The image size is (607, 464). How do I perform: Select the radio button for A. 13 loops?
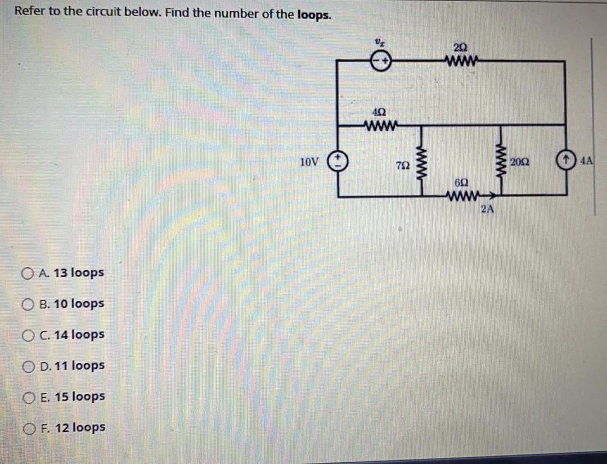27,274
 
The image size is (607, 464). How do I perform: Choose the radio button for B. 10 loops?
27,304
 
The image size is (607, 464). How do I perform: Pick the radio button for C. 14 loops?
27,335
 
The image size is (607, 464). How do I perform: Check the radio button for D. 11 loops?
27,366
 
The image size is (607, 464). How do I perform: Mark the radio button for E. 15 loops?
27,397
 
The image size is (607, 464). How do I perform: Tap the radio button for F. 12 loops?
27,428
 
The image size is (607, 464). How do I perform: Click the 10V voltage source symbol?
339,161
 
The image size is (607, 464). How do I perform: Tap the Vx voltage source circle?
380,61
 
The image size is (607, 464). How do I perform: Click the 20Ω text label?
520,162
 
